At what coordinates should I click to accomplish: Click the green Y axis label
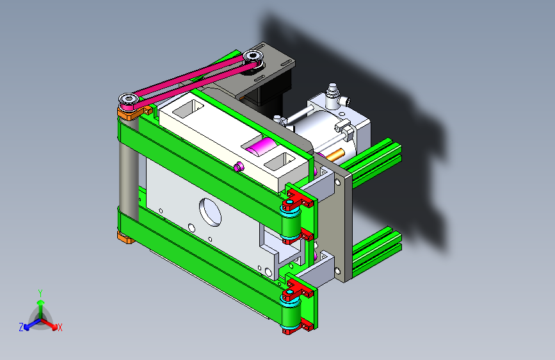click(x=40, y=293)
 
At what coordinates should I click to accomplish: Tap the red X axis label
click(x=60, y=328)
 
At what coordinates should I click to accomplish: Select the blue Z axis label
click(x=21, y=327)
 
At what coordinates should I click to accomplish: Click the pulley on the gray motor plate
click(x=253, y=58)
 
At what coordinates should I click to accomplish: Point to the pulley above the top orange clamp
click(x=128, y=101)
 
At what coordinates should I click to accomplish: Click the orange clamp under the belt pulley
click(x=132, y=113)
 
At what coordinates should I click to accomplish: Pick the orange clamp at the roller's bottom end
click(x=125, y=238)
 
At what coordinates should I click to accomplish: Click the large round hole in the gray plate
click(x=210, y=211)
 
